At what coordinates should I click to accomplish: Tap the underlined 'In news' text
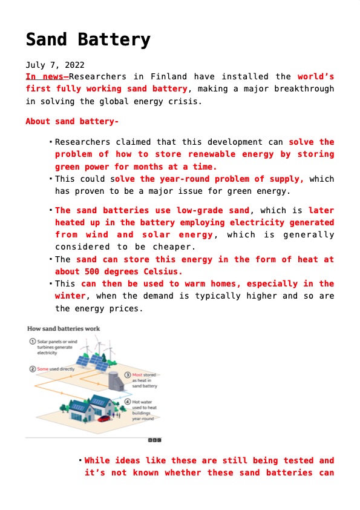tap(46, 77)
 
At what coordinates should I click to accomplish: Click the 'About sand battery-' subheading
tap(71, 121)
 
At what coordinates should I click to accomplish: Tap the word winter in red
tap(70, 296)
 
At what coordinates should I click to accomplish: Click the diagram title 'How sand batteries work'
tap(64, 329)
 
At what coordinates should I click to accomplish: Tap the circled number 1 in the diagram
tap(31, 342)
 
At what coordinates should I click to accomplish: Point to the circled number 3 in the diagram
tap(128, 375)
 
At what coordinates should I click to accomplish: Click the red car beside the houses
tap(104, 418)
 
